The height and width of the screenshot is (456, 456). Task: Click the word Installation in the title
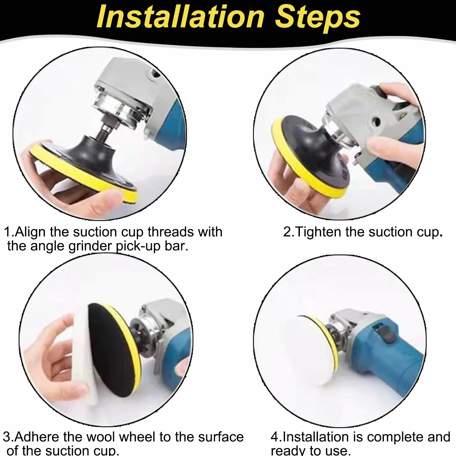(180, 17)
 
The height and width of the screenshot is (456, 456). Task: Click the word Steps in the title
(318, 18)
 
